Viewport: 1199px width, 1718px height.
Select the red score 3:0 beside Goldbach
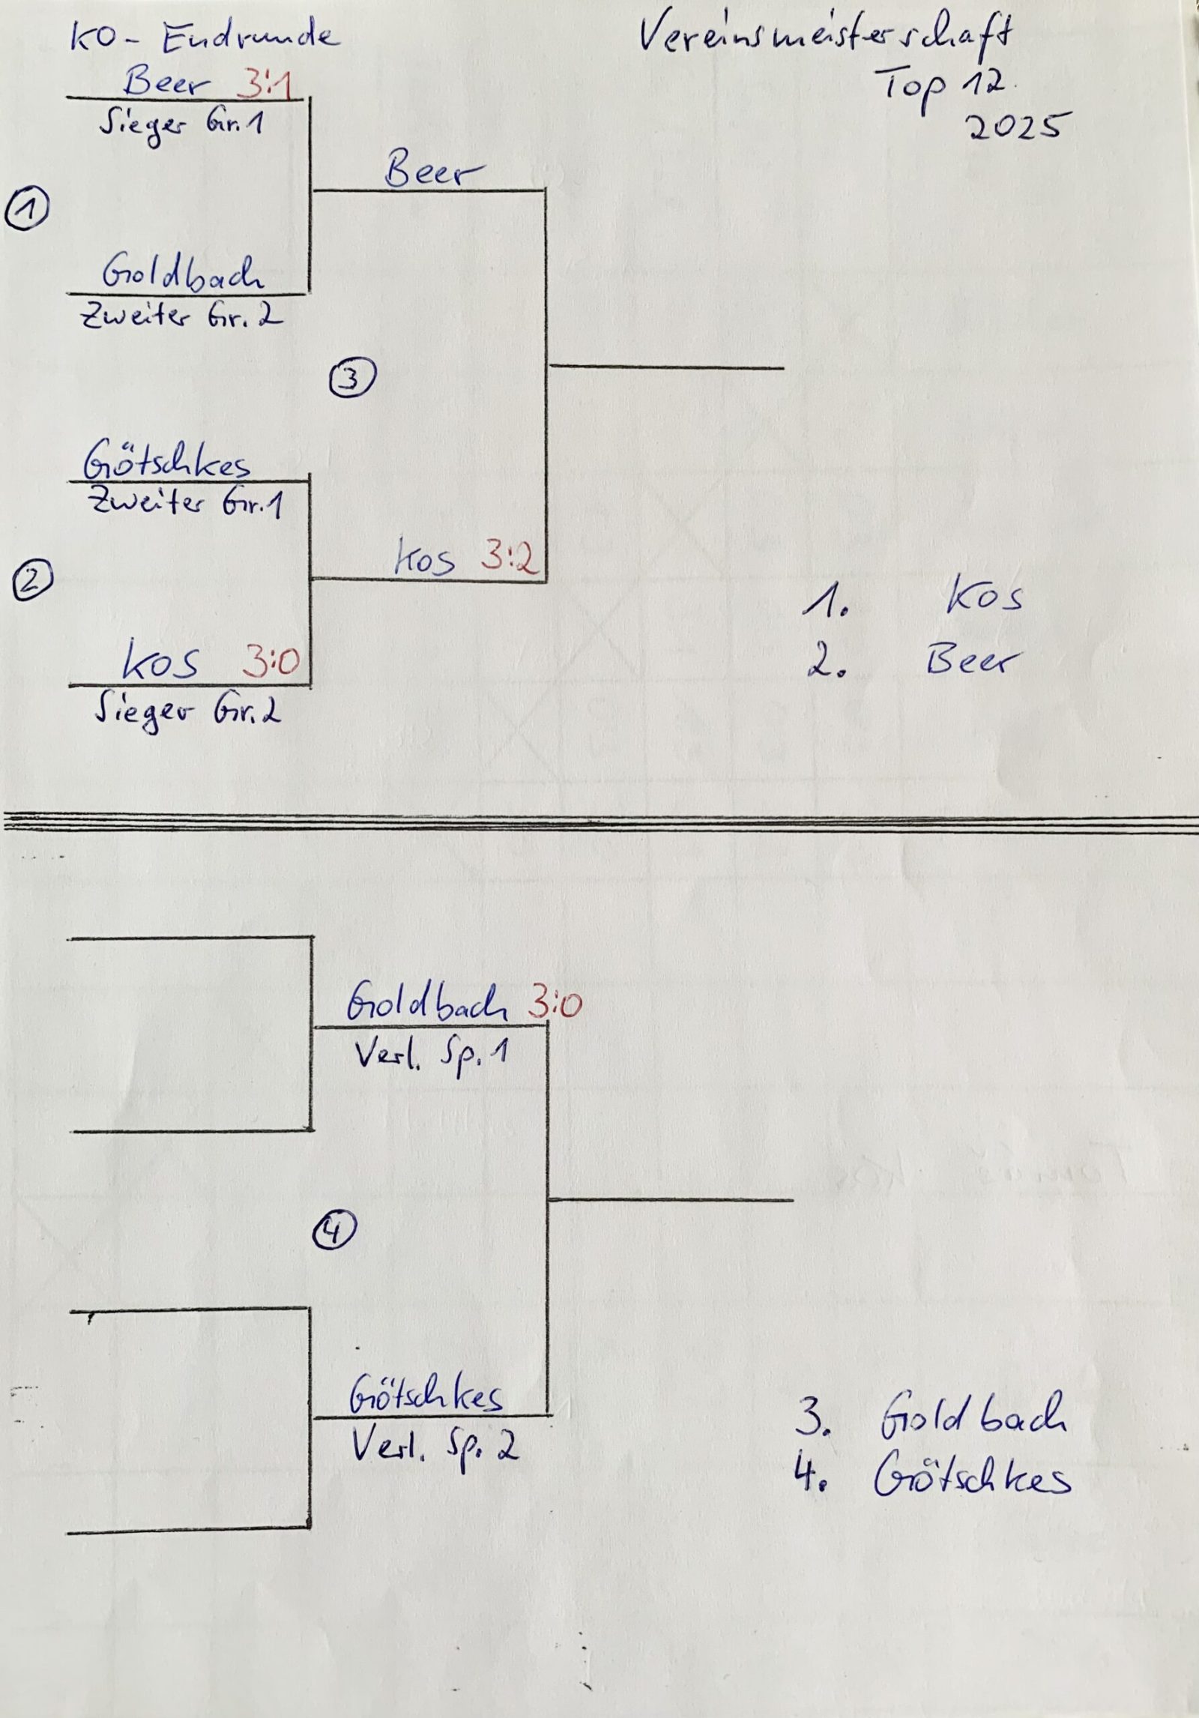tap(555, 1004)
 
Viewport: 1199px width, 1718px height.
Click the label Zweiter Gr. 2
tap(181, 316)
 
